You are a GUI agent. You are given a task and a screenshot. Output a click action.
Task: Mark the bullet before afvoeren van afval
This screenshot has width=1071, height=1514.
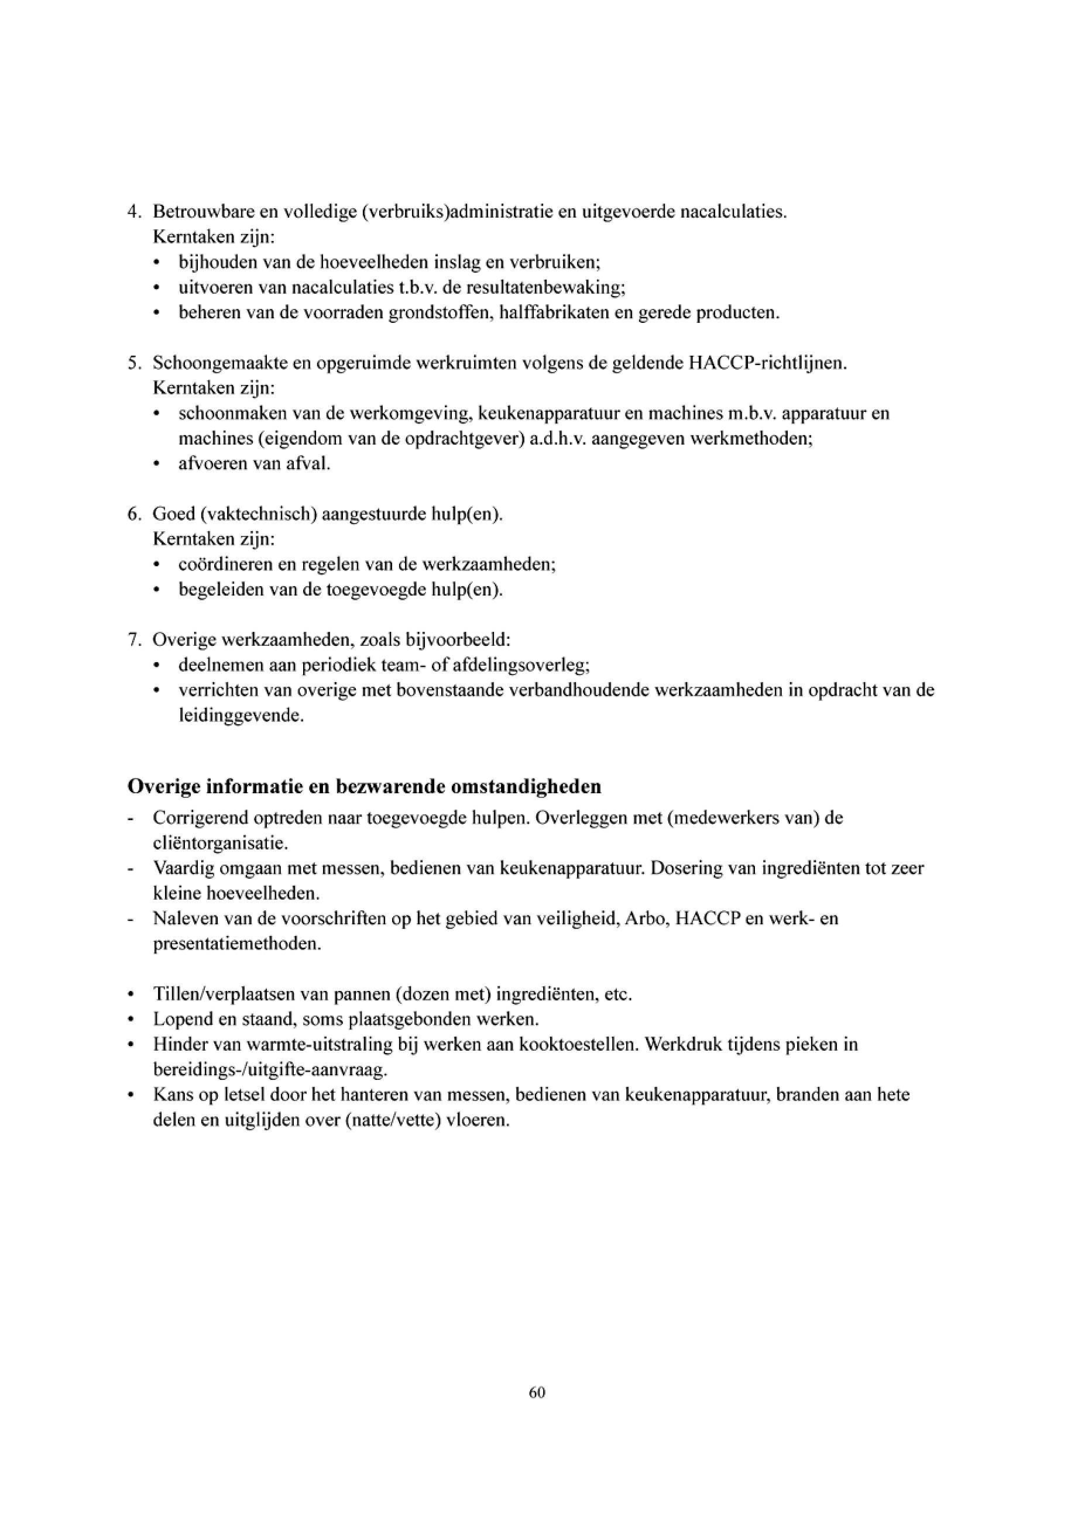[x=156, y=464]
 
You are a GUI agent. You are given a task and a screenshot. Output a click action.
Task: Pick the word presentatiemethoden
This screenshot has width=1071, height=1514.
[x=237, y=944]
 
